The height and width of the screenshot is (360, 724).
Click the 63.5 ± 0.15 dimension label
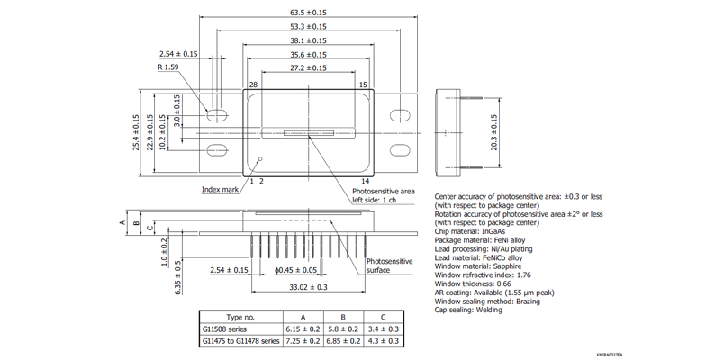pyautogui.click(x=308, y=13)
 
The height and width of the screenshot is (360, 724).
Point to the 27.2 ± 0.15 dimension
pyautogui.click(x=308, y=68)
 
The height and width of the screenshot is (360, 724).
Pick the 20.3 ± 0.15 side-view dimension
pyautogui.click(x=493, y=131)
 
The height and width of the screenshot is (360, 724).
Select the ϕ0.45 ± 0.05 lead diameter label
pyautogui.click(x=296, y=269)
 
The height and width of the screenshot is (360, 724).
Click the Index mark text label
pyautogui.click(x=220, y=190)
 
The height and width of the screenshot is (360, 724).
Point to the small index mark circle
pyautogui.click(x=260, y=159)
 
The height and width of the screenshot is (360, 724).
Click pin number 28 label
pyautogui.click(x=253, y=85)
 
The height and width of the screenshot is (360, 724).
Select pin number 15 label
pyautogui.click(x=363, y=85)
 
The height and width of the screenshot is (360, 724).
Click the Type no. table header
pyautogui.click(x=240, y=317)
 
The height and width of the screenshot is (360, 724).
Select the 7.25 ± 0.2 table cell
pyautogui.click(x=303, y=342)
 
